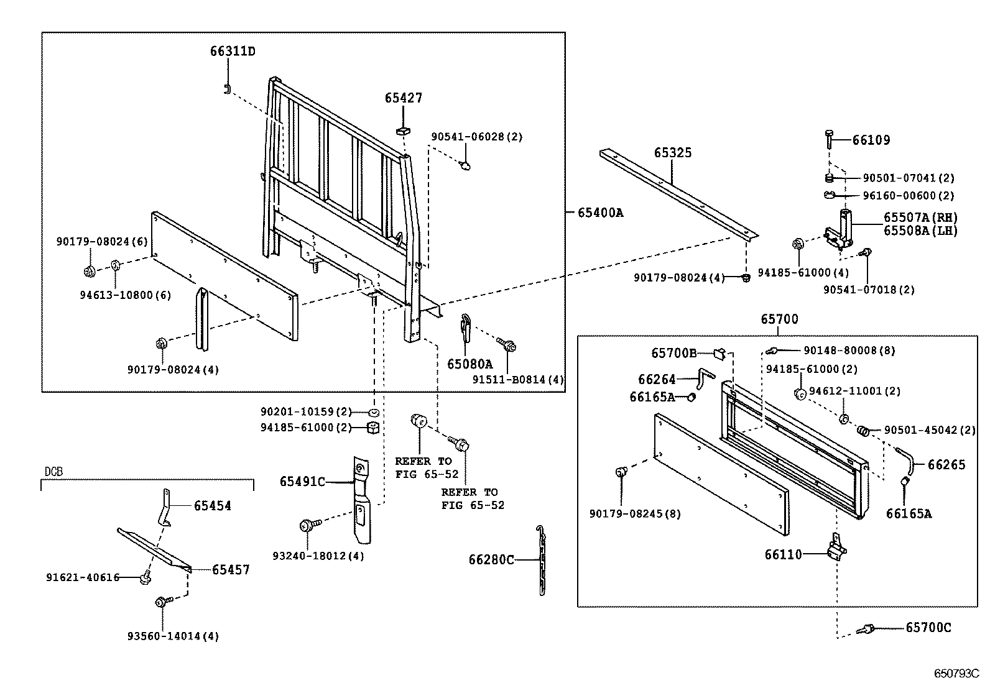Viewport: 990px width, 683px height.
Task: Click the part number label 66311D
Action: (x=232, y=51)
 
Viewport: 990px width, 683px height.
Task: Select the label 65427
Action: (x=403, y=98)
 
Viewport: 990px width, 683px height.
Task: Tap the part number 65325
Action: (x=672, y=152)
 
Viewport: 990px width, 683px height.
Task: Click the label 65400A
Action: (x=600, y=213)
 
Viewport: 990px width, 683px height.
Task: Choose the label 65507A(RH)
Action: (x=920, y=218)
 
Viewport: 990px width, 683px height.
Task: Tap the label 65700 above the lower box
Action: (x=779, y=319)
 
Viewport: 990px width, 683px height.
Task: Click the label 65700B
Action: (x=674, y=353)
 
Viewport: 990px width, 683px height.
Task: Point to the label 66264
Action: (x=657, y=379)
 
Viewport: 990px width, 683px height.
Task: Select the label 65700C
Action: (x=928, y=628)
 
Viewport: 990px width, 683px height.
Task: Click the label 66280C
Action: (x=491, y=560)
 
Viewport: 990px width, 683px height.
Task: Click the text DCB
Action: (x=54, y=472)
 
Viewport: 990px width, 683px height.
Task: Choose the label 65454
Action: (x=212, y=506)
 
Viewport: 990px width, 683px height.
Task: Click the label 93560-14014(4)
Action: (x=173, y=636)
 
